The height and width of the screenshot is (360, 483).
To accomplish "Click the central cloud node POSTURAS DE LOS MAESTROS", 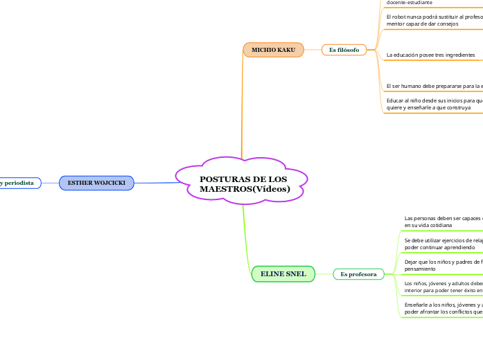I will (242, 183).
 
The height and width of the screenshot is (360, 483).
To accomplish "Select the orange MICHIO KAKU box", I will (273, 50).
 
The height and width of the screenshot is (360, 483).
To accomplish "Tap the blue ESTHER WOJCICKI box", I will (96, 183).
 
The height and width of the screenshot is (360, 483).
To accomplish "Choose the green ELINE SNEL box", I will (283, 274).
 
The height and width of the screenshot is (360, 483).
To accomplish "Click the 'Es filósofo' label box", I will (344, 50).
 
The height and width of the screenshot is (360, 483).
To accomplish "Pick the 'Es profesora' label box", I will (358, 274).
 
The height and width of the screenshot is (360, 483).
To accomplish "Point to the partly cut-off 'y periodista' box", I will (19, 183).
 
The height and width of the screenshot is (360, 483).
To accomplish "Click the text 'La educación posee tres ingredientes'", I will (430, 54).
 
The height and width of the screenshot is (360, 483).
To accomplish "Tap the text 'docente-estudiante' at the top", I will (414, 3).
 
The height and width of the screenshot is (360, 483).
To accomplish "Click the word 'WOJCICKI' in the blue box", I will (111, 183).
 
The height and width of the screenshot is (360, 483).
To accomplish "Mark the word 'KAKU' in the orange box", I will (286, 50).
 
